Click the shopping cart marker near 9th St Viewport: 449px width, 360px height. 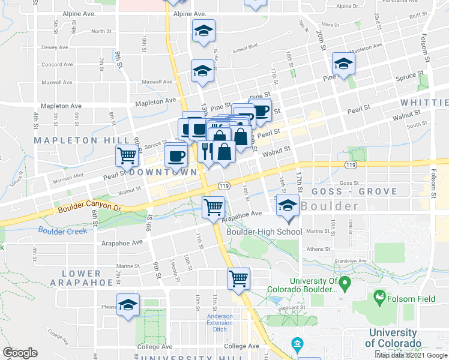(127, 155)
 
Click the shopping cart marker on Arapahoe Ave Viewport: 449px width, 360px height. (213, 208)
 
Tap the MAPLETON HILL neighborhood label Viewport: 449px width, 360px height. (74, 140)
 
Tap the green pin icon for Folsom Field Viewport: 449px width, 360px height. (379, 296)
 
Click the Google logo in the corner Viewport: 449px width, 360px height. (20, 353)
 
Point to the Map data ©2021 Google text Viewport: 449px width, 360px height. (412, 355)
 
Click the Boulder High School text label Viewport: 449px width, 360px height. (264, 232)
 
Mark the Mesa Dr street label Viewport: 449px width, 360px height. (330, 25)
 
